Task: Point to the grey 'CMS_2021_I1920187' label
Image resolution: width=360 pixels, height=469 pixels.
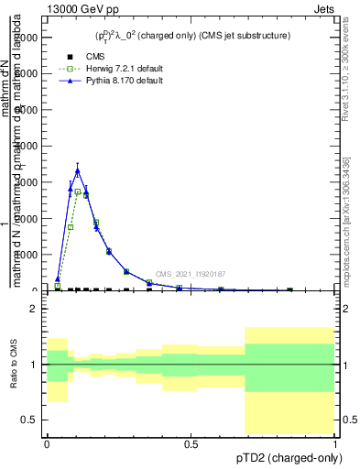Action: [x=190, y=274]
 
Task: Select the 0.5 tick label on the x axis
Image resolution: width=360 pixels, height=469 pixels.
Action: [x=191, y=444]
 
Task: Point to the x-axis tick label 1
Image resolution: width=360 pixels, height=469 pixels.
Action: [x=335, y=444]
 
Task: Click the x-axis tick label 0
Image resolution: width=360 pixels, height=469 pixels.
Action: [x=47, y=444]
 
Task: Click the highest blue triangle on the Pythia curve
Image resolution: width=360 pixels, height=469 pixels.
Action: [x=78, y=170]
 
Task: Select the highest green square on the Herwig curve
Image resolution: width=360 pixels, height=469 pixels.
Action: [x=78, y=191]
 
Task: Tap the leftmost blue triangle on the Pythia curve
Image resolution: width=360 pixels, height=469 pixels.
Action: [x=57, y=278]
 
